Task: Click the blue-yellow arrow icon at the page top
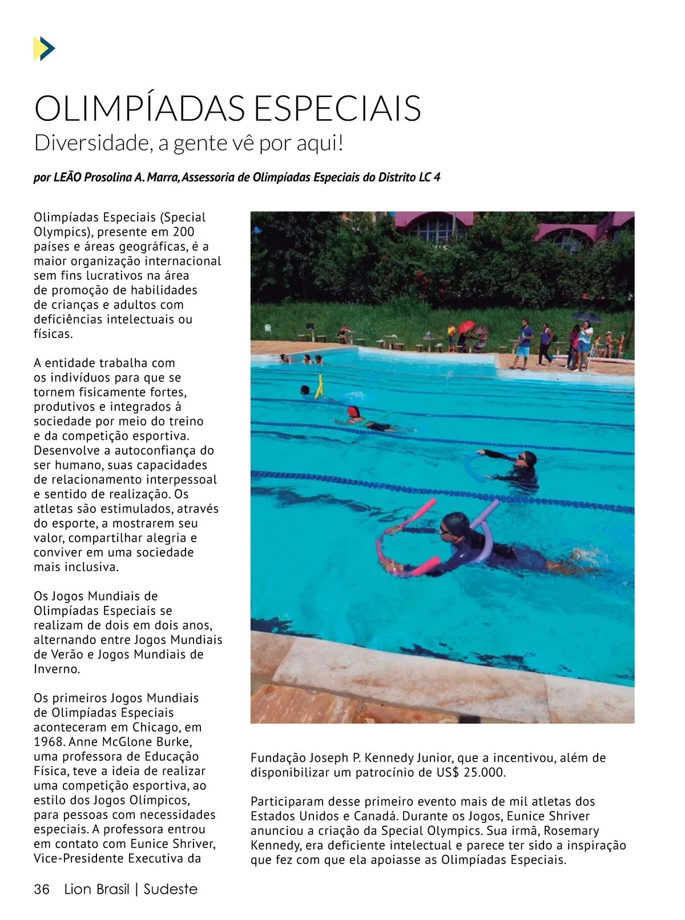click(x=44, y=49)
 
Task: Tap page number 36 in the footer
click(x=42, y=889)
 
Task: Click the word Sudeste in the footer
click(x=170, y=889)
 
